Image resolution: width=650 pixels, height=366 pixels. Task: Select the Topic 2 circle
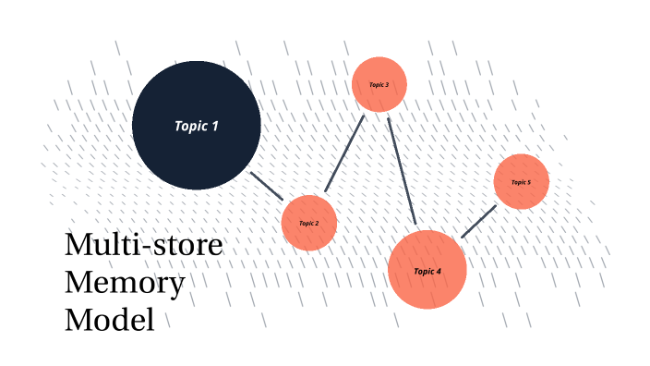coord(308,236)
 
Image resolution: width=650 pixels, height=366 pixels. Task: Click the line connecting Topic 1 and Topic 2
coord(268,185)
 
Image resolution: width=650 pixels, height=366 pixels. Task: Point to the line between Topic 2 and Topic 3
coord(345,153)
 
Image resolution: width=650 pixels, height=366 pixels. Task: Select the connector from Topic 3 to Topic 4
coord(402,171)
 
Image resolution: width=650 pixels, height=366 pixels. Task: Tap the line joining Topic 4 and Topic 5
coord(478,222)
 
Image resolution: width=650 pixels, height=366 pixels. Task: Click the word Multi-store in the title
coord(144,247)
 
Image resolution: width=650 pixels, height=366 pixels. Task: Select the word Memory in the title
coord(124,283)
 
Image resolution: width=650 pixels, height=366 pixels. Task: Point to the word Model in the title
coord(108,320)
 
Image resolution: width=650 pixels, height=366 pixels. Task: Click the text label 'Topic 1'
coord(196,126)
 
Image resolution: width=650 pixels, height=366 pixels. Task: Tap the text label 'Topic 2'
coord(308,223)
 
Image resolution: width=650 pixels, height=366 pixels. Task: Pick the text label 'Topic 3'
coord(379,84)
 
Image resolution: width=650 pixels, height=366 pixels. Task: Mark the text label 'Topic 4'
coord(427,271)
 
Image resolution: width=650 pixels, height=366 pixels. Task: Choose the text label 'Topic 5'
coord(521,182)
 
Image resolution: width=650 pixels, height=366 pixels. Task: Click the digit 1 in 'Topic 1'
coord(215,126)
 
